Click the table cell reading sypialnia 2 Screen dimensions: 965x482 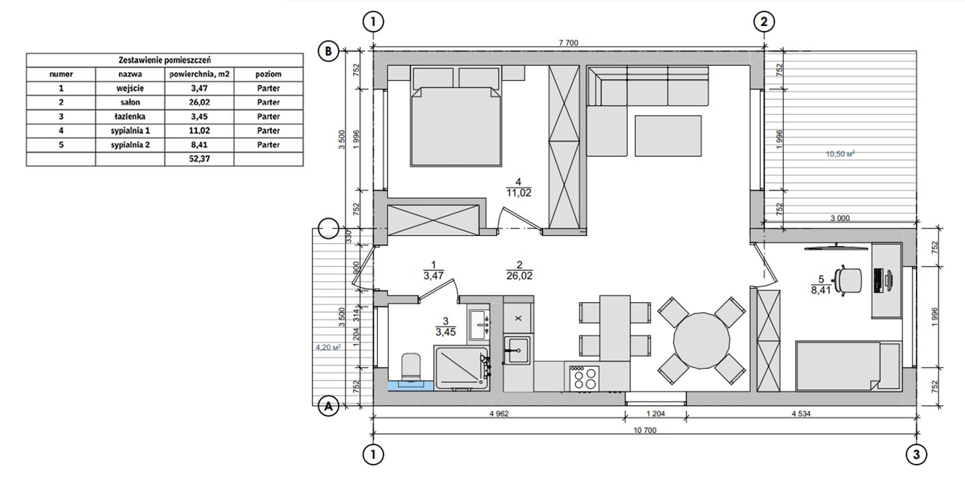coord(130,145)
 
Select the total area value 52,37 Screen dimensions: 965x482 coord(199,159)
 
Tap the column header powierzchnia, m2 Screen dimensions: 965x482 coord(199,74)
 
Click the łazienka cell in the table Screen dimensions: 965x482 coord(130,116)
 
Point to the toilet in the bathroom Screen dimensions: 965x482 coord(412,370)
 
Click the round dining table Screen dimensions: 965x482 coord(702,341)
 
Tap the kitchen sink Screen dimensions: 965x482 coord(517,350)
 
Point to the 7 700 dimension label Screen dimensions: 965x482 coord(568,43)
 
